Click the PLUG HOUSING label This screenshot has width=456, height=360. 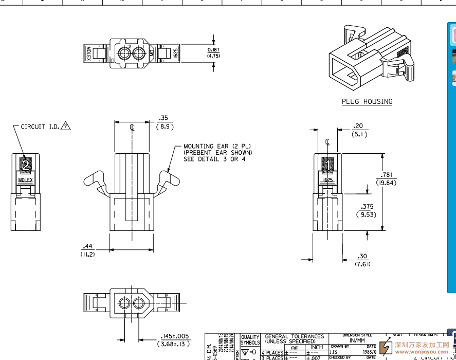(367, 102)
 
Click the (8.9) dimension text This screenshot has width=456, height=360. (165, 126)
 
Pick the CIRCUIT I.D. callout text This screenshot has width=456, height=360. (40, 127)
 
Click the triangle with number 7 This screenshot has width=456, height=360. (66, 126)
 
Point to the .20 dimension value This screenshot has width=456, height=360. (358, 126)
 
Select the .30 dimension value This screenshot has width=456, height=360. (362, 256)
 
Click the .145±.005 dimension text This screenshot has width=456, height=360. (175, 336)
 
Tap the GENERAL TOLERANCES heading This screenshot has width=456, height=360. (294, 336)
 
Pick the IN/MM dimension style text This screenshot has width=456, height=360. (357, 340)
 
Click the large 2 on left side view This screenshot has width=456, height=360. (25, 166)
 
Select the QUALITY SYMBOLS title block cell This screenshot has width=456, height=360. (250, 340)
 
